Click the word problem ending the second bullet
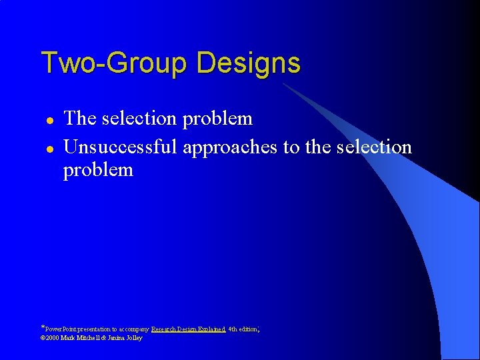pos(98,171)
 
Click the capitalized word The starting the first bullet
pos(80,119)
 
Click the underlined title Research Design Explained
pos(188,329)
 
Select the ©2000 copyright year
pos(50,338)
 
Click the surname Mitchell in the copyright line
pos(87,338)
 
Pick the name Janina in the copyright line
pos(115,338)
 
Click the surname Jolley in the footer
pos(135,338)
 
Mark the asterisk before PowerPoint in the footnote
pos(43,328)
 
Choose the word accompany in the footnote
pos(135,329)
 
